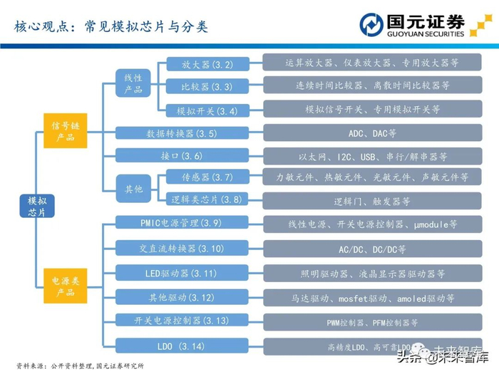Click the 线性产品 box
pyautogui.click(x=133, y=83)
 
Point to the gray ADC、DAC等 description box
pyautogui.click(x=372, y=133)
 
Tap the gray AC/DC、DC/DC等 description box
pyautogui.click(x=372, y=250)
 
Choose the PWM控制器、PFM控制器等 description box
pyautogui.click(x=372, y=322)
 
